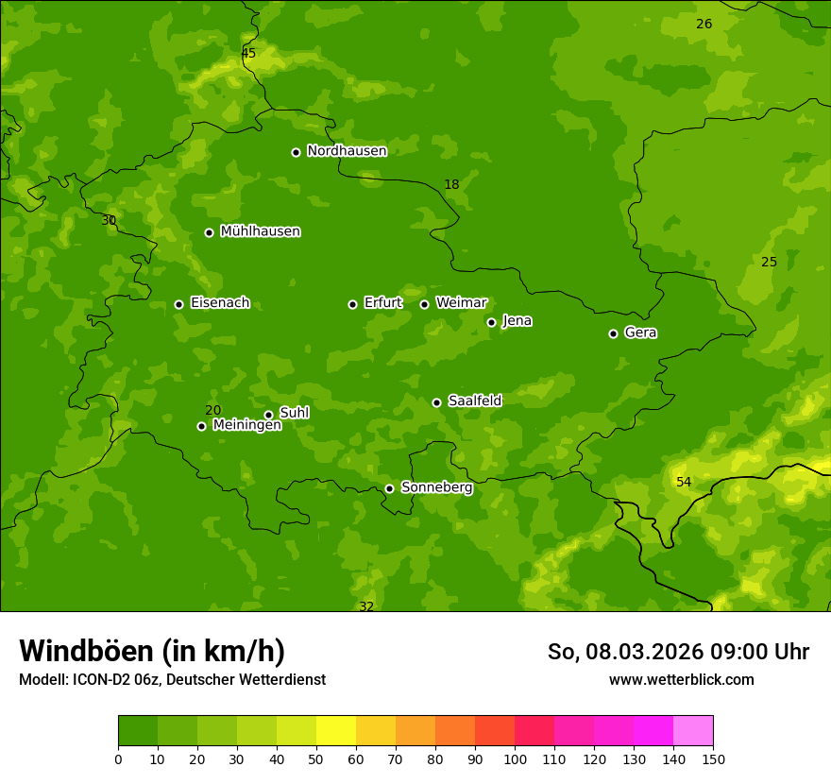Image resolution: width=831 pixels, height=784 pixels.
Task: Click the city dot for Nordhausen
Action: [x=296, y=152]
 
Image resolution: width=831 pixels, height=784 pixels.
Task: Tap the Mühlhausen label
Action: [x=261, y=231]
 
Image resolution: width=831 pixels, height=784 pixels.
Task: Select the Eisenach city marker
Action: [x=178, y=304]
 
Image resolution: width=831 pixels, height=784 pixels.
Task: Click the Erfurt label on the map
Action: [x=383, y=303]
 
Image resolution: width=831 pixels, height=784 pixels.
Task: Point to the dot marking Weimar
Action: [x=424, y=304]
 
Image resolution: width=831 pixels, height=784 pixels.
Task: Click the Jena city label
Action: [x=517, y=321]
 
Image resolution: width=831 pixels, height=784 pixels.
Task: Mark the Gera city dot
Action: [x=613, y=333]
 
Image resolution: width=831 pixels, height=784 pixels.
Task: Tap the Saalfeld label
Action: [x=475, y=401]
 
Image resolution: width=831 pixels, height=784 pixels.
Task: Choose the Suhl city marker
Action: [x=268, y=415]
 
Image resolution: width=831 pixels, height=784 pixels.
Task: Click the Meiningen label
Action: [x=247, y=426]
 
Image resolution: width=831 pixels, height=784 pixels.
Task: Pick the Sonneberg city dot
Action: [x=389, y=488]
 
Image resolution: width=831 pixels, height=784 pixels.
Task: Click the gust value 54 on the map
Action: [x=684, y=483]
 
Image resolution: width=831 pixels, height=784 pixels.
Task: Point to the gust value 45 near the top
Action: [x=248, y=54]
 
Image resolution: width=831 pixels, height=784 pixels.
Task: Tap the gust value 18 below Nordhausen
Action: [x=451, y=185]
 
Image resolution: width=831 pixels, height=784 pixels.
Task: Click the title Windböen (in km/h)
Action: [x=152, y=651]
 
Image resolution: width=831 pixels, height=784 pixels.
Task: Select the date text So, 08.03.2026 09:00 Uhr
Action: [x=678, y=652]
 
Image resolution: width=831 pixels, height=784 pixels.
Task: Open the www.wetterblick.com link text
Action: [x=681, y=680]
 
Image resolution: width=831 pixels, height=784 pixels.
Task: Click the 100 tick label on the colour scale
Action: [x=515, y=759]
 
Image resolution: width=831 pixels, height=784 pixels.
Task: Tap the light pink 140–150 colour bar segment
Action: [x=693, y=731]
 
